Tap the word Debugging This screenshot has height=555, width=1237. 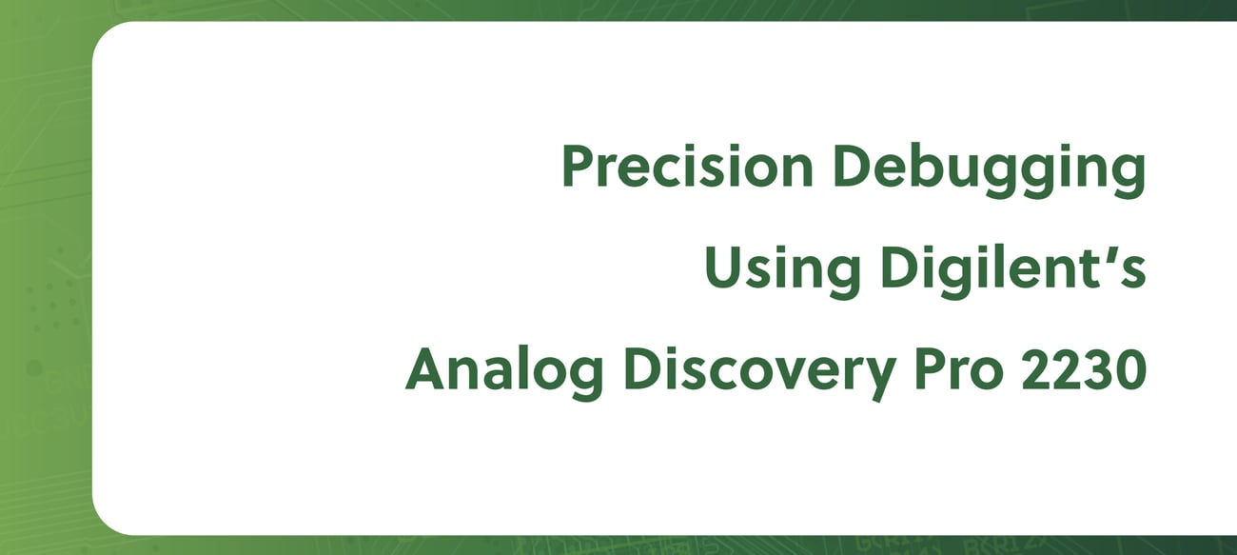(989, 170)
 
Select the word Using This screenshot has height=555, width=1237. (782, 271)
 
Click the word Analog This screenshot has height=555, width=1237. (504, 373)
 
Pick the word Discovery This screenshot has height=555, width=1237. (759, 373)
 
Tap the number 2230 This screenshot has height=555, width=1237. (1085, 369)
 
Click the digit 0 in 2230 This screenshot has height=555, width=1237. (1131, 369)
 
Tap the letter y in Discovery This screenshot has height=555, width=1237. (879, 380)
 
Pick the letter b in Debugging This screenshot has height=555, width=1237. (925, 167)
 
